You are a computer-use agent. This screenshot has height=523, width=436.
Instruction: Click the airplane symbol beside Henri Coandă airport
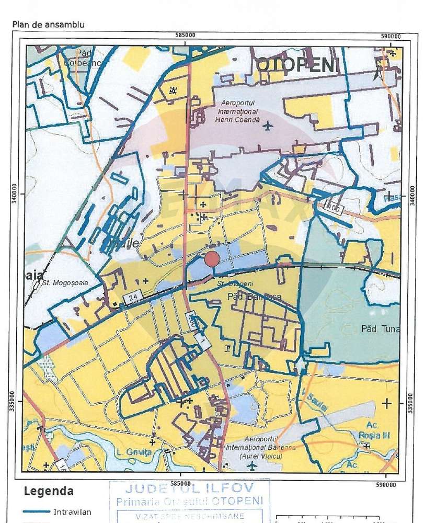tap(268, 126)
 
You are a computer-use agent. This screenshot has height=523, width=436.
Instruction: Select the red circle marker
tap(212, 258)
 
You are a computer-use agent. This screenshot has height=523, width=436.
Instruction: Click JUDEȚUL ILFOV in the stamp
tap(189, 490)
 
